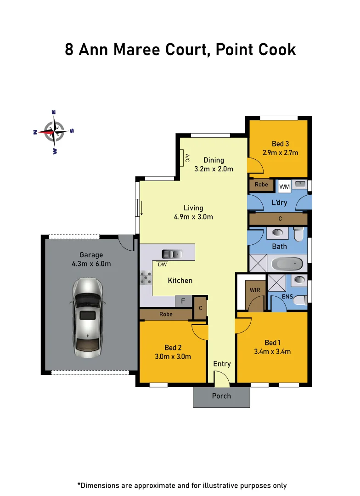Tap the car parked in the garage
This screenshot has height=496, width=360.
[x=87, y=318]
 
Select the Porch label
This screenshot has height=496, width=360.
[x=221, y=396]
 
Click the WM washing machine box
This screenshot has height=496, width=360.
[x=284, y=187]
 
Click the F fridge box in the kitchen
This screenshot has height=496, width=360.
[x=183, y=302]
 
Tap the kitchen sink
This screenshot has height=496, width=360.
[x=172, y=254]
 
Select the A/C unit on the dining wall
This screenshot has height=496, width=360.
[x=182, y=159]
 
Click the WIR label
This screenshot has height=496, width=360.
[x=255, y=290]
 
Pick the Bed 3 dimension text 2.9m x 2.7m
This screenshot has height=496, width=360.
[x=280, y=152]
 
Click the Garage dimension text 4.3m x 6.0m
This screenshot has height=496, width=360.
[x=91, y=264]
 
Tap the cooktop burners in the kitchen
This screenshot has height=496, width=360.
[x=146, y=278]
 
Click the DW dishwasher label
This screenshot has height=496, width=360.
[x=162, y=265]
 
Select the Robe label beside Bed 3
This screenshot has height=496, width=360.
[x=261, y=185]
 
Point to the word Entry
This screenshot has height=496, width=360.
[x=222, y=364]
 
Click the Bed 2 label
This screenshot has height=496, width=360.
[x=173, y=348]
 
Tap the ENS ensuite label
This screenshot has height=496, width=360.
[x=287, y=297]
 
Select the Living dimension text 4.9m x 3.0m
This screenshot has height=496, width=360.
[x=193, y=217]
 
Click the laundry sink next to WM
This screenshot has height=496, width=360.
[x=300, y=184]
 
